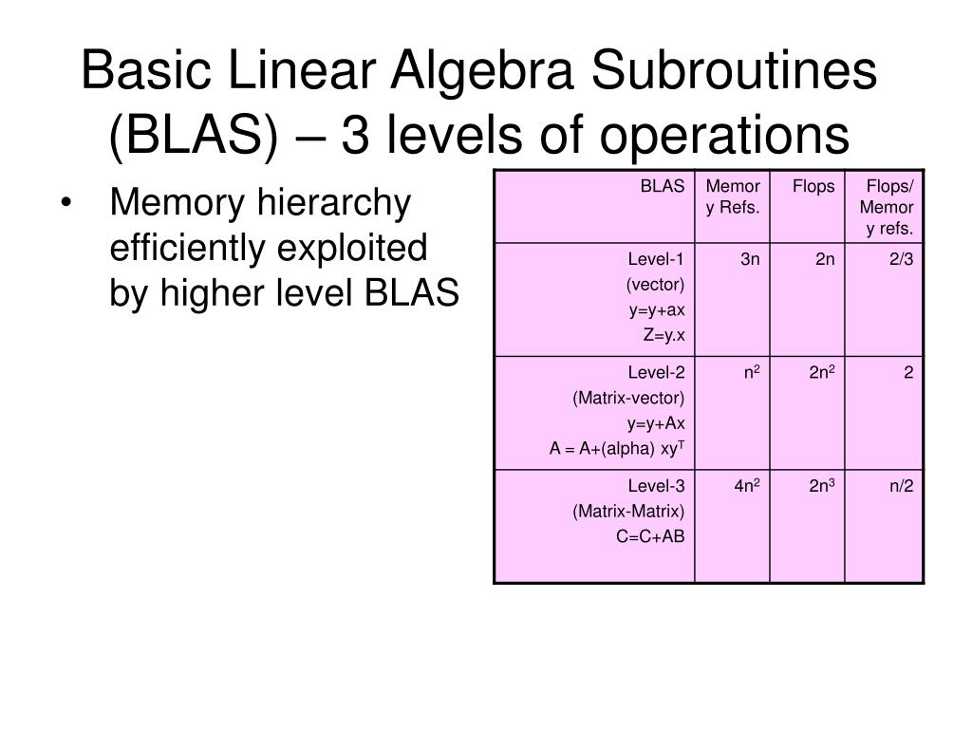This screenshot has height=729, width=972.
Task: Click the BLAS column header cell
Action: point(662,187)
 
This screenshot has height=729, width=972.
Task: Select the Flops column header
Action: point(813,187)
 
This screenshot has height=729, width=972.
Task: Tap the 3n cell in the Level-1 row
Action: point(750,259)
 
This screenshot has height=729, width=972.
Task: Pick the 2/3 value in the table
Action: point(901,259)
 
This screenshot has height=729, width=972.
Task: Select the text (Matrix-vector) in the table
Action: point(628,398)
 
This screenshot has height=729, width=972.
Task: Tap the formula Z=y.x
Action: point(662,333)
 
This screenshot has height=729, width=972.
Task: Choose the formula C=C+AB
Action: point(650,536)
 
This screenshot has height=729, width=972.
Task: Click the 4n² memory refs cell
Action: point(747,487)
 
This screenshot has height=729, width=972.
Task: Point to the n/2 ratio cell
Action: point(901,487)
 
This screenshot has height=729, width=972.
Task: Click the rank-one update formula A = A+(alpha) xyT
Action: point(617,448)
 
